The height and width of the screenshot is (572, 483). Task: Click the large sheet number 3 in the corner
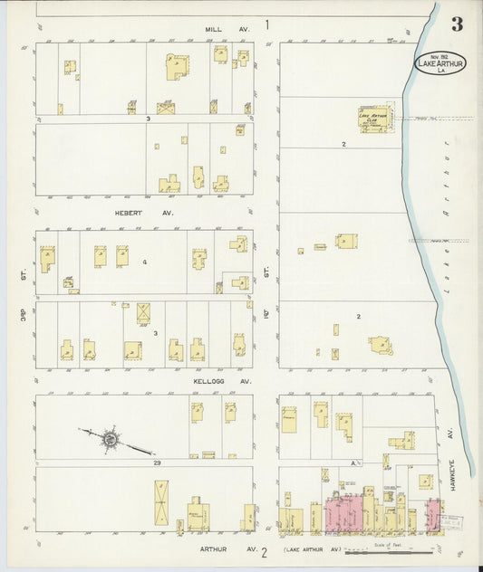tap(457, 24)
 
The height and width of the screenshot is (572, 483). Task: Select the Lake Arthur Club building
tap(374, 119)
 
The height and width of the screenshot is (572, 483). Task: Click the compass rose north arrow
tap(110, 439)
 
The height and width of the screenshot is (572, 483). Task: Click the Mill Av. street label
tap(226, 29)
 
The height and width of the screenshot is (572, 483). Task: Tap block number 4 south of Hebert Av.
tap(144, 262)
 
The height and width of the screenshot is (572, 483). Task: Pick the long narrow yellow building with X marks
tap(161, 503)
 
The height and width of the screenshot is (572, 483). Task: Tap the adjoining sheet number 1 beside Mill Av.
tap(267, 24)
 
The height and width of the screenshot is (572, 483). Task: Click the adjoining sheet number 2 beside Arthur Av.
tap(265, 551)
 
